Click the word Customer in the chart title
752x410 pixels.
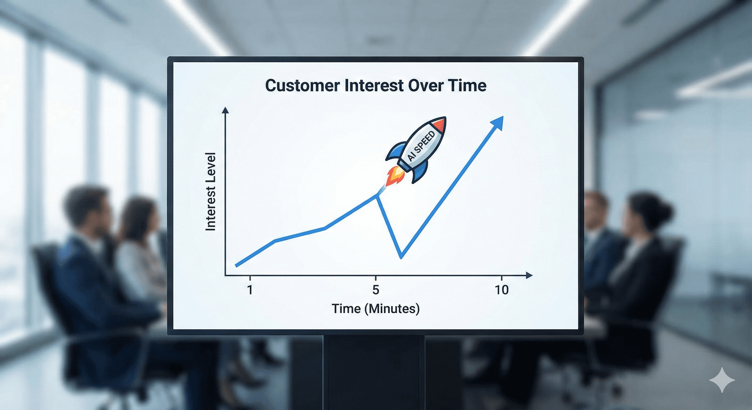coord(303,85)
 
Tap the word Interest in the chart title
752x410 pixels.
coord(373,85)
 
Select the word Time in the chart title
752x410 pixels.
coord(467,85)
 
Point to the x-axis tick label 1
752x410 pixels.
coord(250,290)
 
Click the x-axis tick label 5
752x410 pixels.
coord(376,290)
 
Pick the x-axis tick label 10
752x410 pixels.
coord(502,290)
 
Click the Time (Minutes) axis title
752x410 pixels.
coord(376,309)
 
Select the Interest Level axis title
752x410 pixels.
coord(210,191)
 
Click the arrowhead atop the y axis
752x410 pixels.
coord(225,110)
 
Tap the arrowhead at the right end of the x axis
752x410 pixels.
coord(529,275)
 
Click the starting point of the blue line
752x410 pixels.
coord(236,266)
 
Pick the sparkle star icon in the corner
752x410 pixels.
coord(722,380)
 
